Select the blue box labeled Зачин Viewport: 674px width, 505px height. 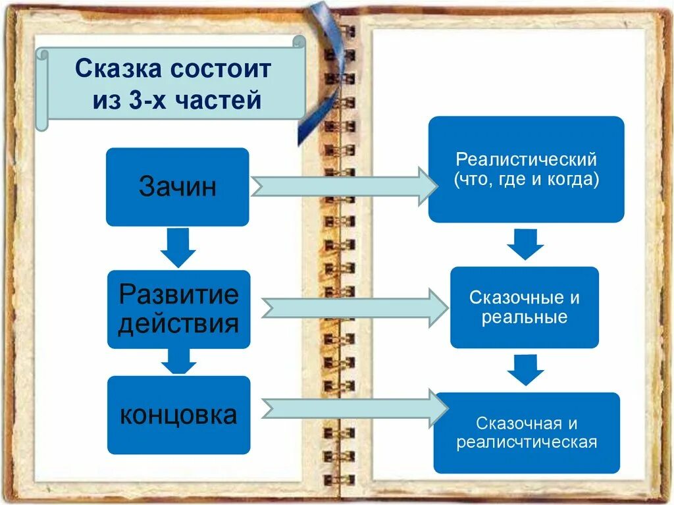pos(177,187)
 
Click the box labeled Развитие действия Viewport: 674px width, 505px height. pos(178,309)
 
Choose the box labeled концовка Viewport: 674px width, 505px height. pos(178,415)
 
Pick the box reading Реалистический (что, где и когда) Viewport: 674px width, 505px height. pos(526,169)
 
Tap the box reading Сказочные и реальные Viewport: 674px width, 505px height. pos(525,307)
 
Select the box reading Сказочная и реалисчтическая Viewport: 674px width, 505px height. pos(527,433)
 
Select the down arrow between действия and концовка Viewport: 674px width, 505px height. pos(178,361)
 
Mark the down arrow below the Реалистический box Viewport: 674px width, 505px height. pos(525,244)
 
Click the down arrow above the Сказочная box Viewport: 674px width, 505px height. pos(525,370)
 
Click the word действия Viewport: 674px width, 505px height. pos(178,324)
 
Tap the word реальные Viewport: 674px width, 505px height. pos(525,317)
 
